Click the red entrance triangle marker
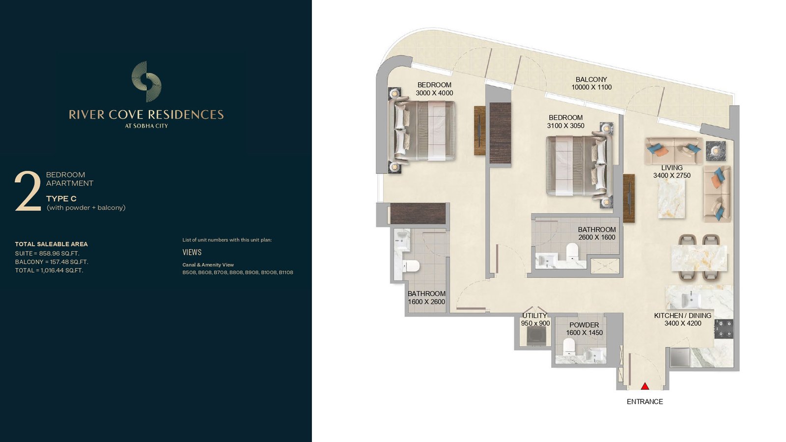point(645,386)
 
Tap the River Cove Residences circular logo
point(146,82)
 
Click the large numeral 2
point(28,191)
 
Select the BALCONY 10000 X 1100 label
point(591,83)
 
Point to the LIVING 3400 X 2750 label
point(672,171)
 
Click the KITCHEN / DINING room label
point(682,315)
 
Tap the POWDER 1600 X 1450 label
point(584,329)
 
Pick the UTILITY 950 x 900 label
point(535,319)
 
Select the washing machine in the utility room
point(536,336)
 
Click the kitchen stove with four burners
point(724,329)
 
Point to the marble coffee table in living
point(672,199)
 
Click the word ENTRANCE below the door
point(645,402)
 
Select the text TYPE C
point(61,198)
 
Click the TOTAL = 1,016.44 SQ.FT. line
point(49,271)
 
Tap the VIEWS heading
point(192,252)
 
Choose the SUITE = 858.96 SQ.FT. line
point(47,253)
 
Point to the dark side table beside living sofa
point(715,151)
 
